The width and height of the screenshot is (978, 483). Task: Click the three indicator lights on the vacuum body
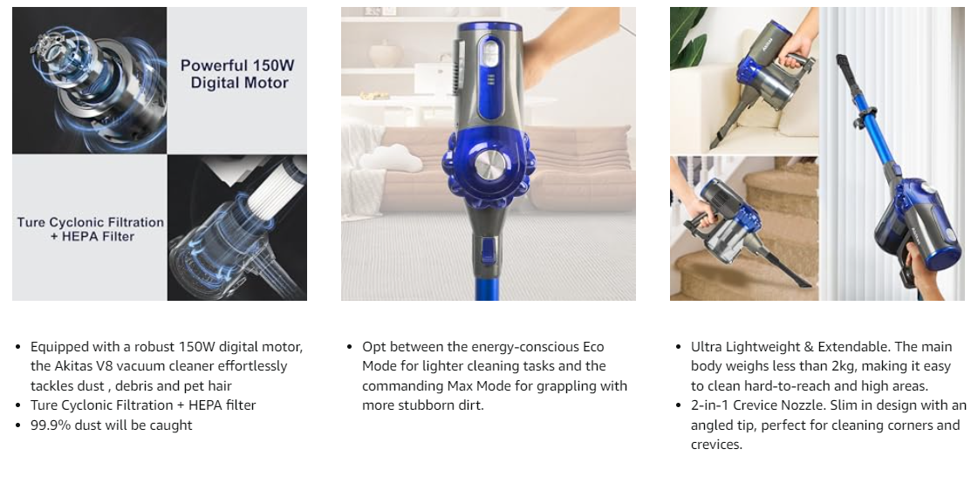(x=490, y=79)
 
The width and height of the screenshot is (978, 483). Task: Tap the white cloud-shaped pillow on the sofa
(x=391, y=159)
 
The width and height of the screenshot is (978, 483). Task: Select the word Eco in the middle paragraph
(x=593, y=346)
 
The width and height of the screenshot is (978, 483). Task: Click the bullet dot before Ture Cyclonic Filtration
(x=18, y=405)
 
